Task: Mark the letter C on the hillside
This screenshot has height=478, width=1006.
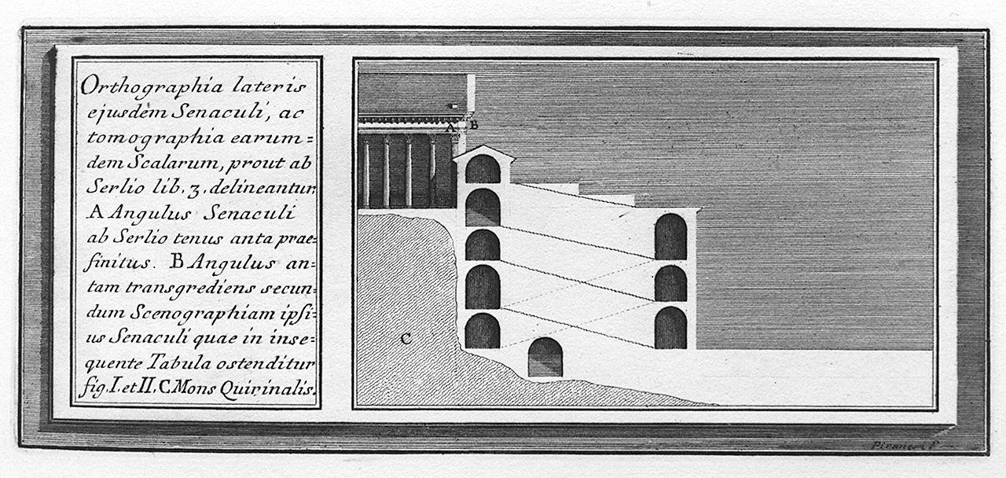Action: [405, 339]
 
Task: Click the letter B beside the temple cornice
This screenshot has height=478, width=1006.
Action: [474, 123]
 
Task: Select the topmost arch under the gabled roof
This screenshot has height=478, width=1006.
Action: [483, 170]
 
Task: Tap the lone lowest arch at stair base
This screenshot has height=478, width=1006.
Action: [545, 358]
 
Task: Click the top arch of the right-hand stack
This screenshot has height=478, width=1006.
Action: [670, 237]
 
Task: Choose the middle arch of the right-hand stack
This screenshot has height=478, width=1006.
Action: [670, 283]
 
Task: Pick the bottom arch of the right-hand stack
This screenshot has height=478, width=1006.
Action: [670, 328]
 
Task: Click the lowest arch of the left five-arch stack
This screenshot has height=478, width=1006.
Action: [483, 331]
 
